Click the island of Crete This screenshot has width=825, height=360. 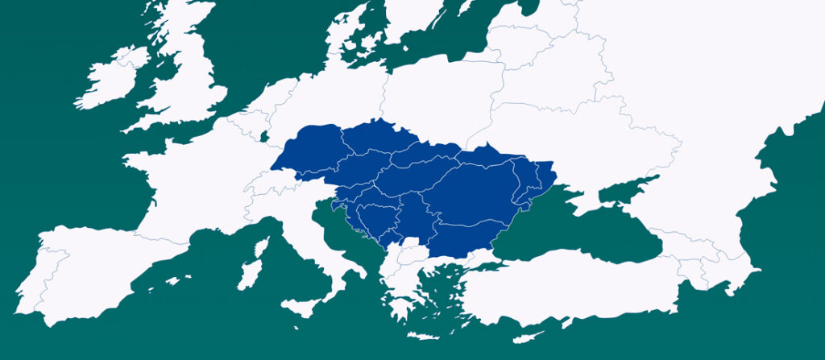pyautogui.click(x=426, y=335)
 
